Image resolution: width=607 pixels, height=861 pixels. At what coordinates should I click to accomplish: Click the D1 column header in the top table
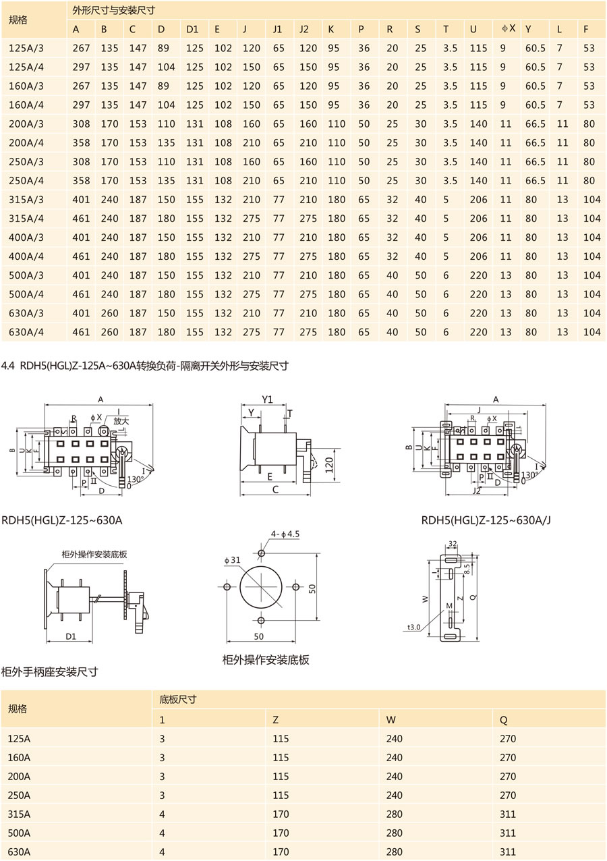(x=192, y=29)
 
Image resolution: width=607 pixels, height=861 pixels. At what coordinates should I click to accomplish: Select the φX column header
(x=509, y=29)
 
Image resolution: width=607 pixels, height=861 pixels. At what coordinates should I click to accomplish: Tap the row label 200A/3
(x=26, y=124)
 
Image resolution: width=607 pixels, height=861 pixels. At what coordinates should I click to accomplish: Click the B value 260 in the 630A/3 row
(x=109, y=313)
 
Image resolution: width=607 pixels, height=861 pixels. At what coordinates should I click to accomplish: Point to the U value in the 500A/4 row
(x=478, y=294)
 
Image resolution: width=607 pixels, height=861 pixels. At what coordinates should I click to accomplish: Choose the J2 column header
(x=304, y=29)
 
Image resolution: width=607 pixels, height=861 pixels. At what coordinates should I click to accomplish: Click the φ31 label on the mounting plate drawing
(x=233, y=560)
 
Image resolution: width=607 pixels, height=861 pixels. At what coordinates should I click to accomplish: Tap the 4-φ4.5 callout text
(x=285, y=534)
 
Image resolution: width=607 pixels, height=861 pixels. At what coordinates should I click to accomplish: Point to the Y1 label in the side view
(x=267, y=399)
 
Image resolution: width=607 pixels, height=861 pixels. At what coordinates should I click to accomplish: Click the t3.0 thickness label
(x=414, y=627)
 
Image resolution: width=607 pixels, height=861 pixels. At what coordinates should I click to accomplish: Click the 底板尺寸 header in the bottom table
(x=177, y=700)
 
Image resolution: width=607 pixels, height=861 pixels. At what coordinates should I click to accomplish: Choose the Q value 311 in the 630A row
(x=508, y=852)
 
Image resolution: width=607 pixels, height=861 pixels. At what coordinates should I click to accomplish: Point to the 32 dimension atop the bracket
(x=452, y=543)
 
